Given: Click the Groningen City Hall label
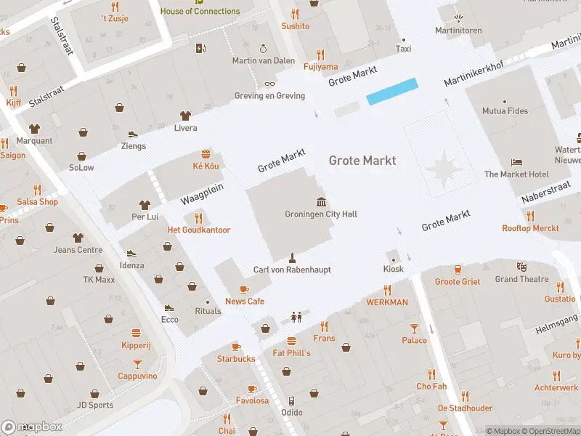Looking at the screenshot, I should point(321,214).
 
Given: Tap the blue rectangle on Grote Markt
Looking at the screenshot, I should point(392,92).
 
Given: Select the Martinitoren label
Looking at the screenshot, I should point(458,30).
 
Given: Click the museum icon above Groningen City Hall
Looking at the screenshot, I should point(321,201).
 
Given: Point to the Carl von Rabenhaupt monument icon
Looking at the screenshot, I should point(292,257).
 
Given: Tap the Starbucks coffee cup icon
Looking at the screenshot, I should point(236,347).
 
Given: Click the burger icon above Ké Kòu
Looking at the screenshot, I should point(206,154).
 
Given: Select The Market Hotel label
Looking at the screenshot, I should point(516,174).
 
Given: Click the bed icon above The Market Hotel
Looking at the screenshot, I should point(516,162).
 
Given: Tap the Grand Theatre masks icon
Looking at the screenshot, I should point(521,267).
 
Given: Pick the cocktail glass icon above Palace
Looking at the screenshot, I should point(415,328).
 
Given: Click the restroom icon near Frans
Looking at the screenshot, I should point(296,316).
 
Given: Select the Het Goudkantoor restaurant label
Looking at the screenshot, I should point(199,230).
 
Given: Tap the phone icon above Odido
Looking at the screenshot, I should point(291,400).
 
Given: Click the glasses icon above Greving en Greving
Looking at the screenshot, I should point(269,84).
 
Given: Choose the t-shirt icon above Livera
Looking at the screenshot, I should point(185,116).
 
